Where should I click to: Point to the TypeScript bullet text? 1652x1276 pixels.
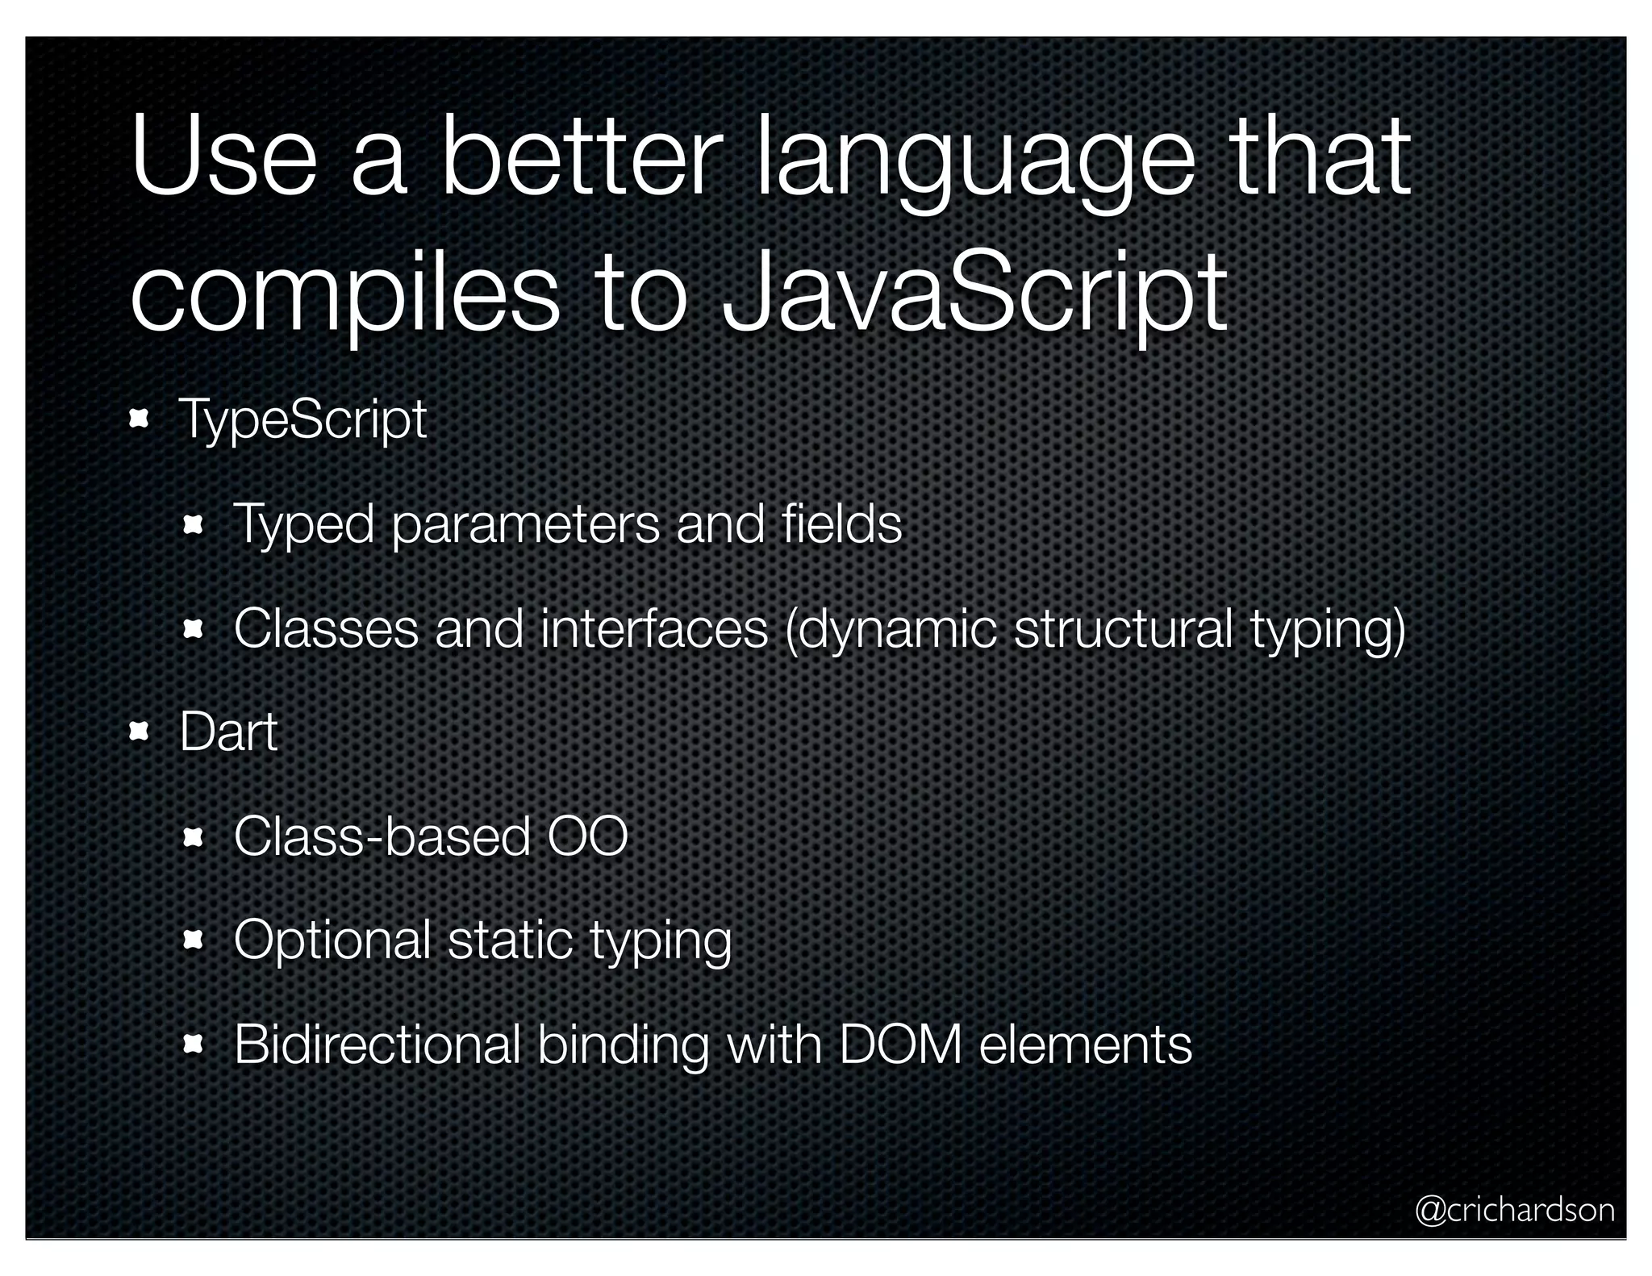[302, 419]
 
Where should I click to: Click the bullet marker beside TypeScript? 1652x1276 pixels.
[139, 419]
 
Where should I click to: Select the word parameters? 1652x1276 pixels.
[525, 524]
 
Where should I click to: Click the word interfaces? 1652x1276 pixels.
[654, 628]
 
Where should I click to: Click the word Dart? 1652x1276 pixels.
[228, 732]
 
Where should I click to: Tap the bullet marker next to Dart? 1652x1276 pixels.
[139, 732]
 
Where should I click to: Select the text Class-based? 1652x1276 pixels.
[382, 836]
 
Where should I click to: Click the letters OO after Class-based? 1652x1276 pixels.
[587, 836]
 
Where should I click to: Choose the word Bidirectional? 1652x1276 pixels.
[377, 1045]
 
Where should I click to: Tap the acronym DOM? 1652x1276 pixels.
[900, 1045]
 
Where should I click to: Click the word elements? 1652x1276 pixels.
[1085, 1045]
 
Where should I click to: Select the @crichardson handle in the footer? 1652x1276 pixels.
[1515, 1210]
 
